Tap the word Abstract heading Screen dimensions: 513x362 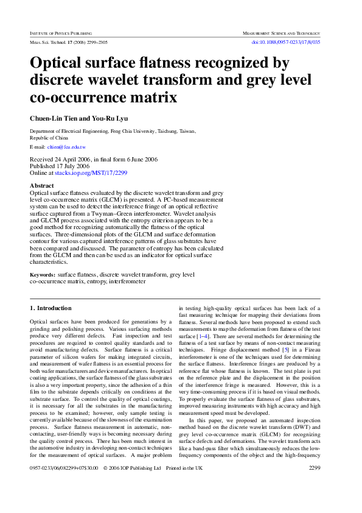click(42, 185)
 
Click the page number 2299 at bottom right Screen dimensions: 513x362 click(315, 485)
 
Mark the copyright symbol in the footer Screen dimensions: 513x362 click(106, 486)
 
